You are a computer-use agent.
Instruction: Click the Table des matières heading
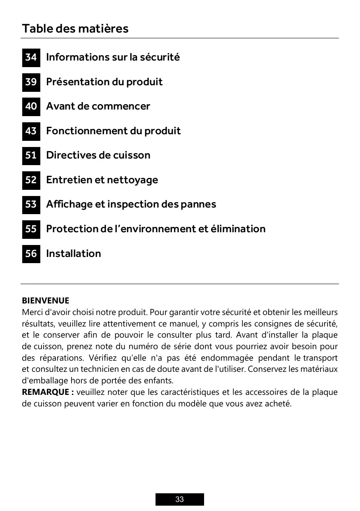[x=75, y=28]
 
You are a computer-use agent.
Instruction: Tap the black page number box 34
[x=31, y=57]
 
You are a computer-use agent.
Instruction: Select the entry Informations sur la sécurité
[x=113, y=57]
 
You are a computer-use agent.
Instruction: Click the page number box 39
[x=31, y=82]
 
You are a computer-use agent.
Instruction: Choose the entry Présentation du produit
[x=104, y=82]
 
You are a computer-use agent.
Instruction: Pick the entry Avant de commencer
[x=98, y=106]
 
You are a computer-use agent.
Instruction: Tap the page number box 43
[x=31, y=131]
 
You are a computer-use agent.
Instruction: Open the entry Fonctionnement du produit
[x=113, y=131]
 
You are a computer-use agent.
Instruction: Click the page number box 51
[x=31, y=155]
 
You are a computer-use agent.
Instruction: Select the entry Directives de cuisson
[x=98, y=155]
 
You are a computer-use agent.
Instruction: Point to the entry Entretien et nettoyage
[x=102, y=180]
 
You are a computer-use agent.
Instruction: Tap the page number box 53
[x=31, y=204]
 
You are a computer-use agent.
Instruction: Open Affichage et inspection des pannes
[x=131, y=204]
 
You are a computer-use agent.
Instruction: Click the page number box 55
[x=31, y=229]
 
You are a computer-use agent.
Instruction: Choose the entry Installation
[x=73, y=254]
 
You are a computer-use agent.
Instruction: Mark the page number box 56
[x=31, y=254]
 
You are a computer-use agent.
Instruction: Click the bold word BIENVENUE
[x=45, y=301]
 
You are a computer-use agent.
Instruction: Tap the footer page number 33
[x=179, y=499]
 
